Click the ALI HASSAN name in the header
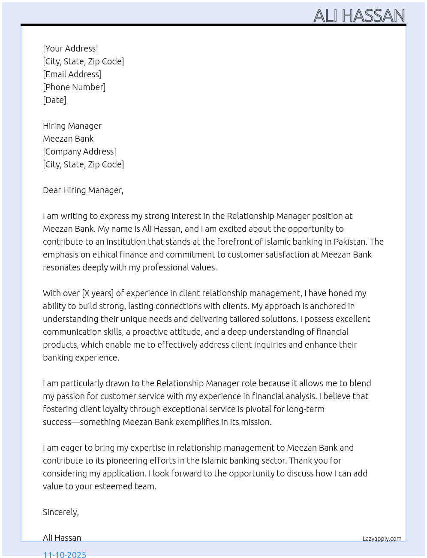[x=359, y=16]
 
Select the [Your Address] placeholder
[x=70, y=49]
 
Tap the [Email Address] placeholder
[x=72, y=74]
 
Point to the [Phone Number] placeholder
[x=74, y=87]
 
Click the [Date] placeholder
[x=54, y=100]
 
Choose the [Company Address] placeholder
[x=79, y=152]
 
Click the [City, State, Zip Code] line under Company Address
[x=83, y=164]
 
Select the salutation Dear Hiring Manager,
[x=83, y=190]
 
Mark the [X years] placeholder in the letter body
[x=98, y=293]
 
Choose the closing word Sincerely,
[x=61, y=512]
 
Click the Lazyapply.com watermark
[x=382, y=539]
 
